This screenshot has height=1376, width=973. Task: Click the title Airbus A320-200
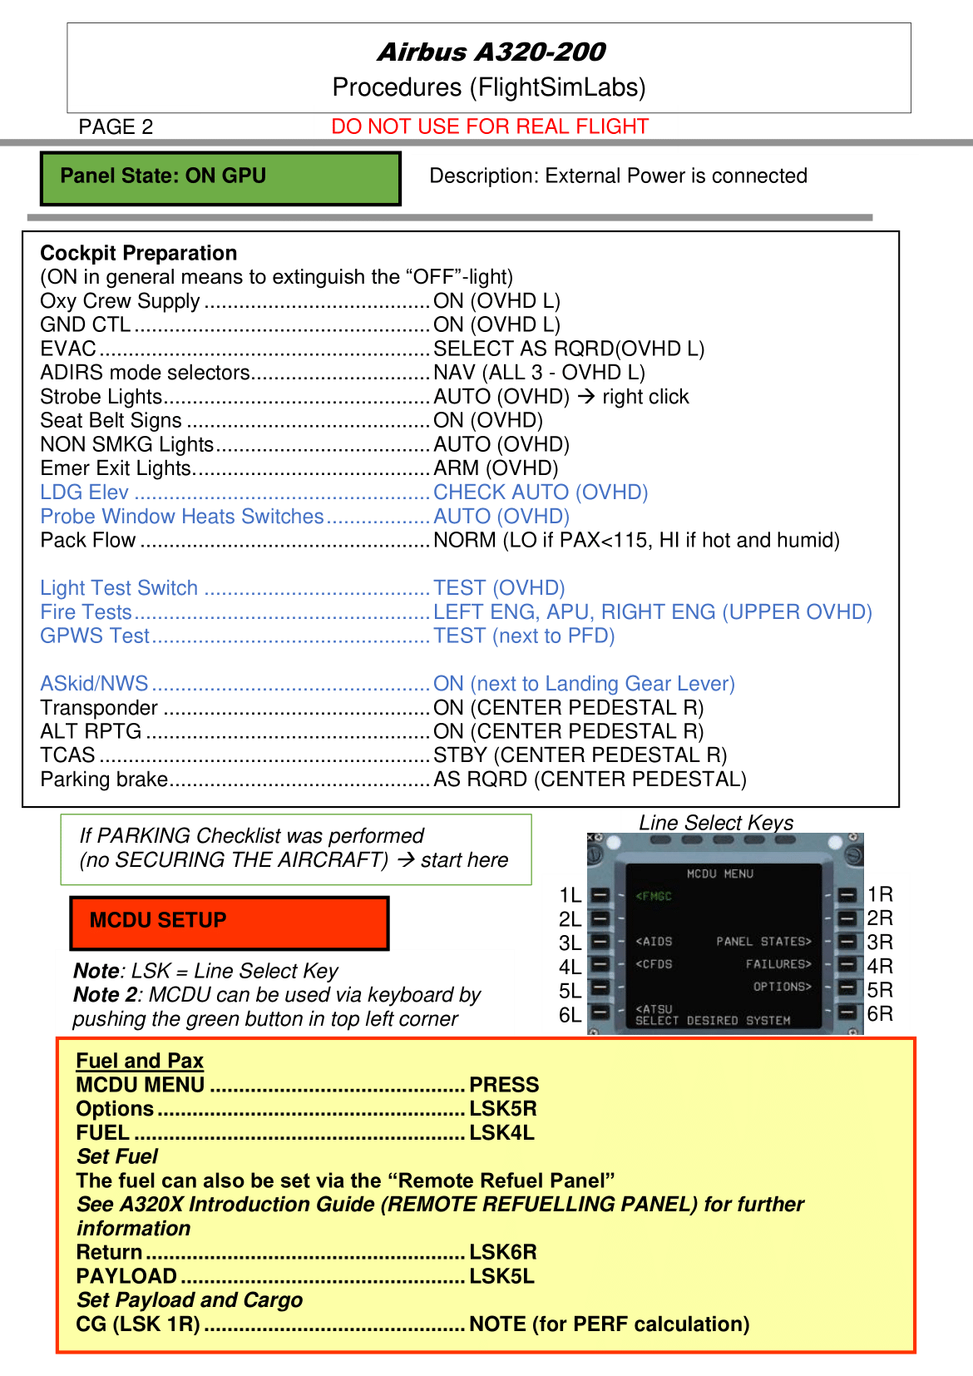pyautogui.click(x=491, y=52)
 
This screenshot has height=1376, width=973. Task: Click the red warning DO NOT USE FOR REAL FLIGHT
pyautogui.click(x=489, y=126)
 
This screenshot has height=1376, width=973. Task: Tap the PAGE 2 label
pyautogui.click(x=116, y=127)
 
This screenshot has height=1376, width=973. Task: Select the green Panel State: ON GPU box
pyautogui.click(x=220, y=178)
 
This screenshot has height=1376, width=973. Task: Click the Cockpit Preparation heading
pyautogui.click(x=139, y=253)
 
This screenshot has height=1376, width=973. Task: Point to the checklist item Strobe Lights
pyautogui.click(x=101, y=397)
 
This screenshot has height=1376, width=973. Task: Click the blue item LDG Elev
pyautogui.click(x=84, y=492)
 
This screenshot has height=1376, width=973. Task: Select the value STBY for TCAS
pyautogui.click(x=460, y=755)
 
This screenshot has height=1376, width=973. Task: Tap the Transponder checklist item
pyautogui.click(x=99, y=708)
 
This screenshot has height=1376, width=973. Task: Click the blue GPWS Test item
pyautogui.click(x=95, y=636)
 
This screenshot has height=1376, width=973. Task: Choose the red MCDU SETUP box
pyautogui.click(x=229, y=923)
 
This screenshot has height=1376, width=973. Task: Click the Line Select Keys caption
pyautogui.click(x=716, y=823)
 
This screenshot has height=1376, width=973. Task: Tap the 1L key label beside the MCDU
pyautogui.click(x=570, y=895)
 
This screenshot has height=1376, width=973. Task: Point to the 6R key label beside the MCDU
pyautogui.click(x=880, y=1014)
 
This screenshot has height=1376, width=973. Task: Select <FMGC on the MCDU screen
pyautogui.click(x=654, y=896)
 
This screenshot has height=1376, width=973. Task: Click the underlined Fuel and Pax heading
pyautogui.click(x=140, y=1061)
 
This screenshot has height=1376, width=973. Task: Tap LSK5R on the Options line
pyautogui.click(x=503, y=1109)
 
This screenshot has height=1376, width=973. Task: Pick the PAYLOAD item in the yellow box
pyautogui.click(x=126, y=1276)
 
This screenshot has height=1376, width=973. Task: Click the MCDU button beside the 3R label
pyautogui.click(x=847, y=942)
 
